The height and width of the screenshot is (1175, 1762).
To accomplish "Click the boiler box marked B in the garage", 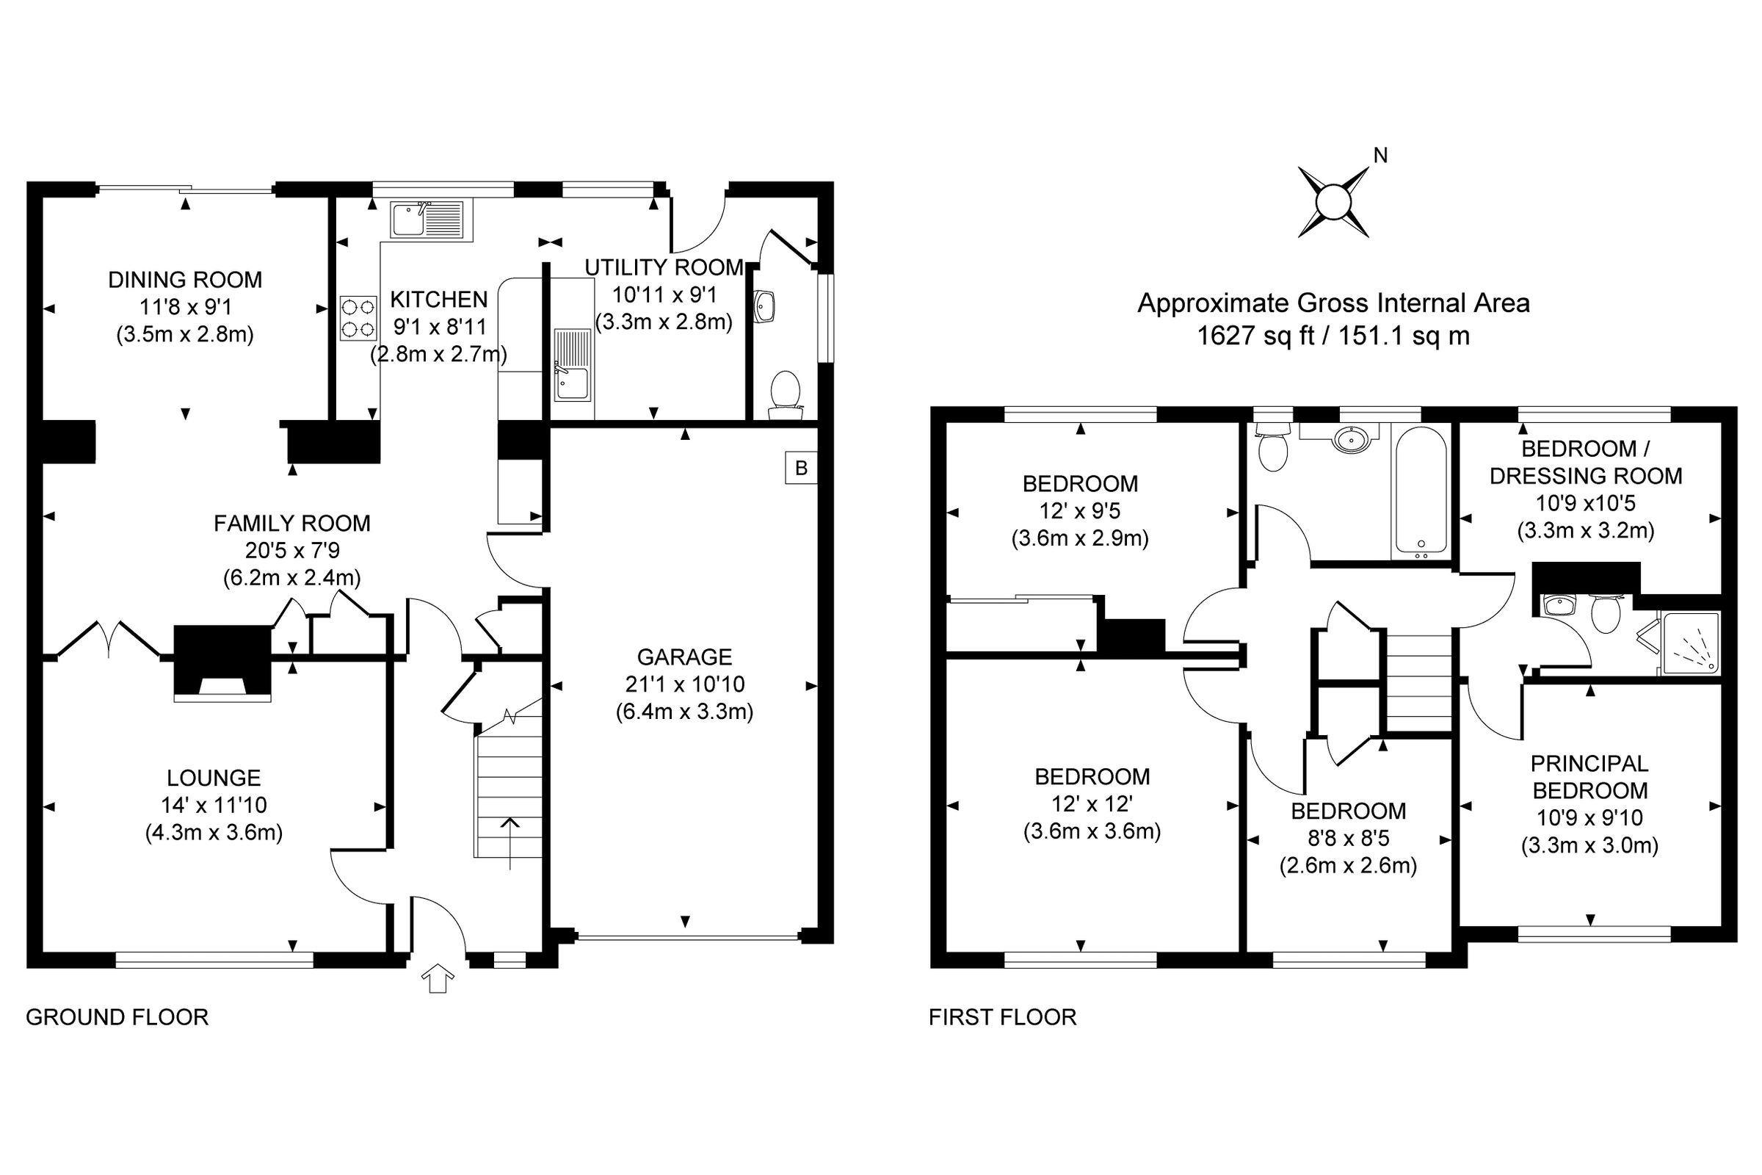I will tap(801, 469).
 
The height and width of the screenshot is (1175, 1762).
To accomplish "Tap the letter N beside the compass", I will tap(1380, 155).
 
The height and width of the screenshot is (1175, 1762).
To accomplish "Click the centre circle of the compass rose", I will tap(1333, 203).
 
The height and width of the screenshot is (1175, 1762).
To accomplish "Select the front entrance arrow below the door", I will tap(438, 979).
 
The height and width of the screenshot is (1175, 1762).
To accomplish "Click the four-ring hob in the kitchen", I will tap(358, 319).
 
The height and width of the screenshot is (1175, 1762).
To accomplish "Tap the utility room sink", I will tap(573, 375).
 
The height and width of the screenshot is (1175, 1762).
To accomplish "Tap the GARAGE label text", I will tap(684, 657).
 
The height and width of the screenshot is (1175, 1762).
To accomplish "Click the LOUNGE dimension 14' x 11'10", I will tap(214, 806).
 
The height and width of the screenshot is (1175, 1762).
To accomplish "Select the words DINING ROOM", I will tap(185, 281).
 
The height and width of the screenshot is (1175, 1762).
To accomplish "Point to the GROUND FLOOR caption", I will tap(117, 1018).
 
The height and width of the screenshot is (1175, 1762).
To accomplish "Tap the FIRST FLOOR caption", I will tap(1002, 1018).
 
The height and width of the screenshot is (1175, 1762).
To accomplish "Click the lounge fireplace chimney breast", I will tap(222, 659).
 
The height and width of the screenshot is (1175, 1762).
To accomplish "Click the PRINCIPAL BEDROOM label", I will tap(1589, 777).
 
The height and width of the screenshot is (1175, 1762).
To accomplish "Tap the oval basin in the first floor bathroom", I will tap(1355, 438).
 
